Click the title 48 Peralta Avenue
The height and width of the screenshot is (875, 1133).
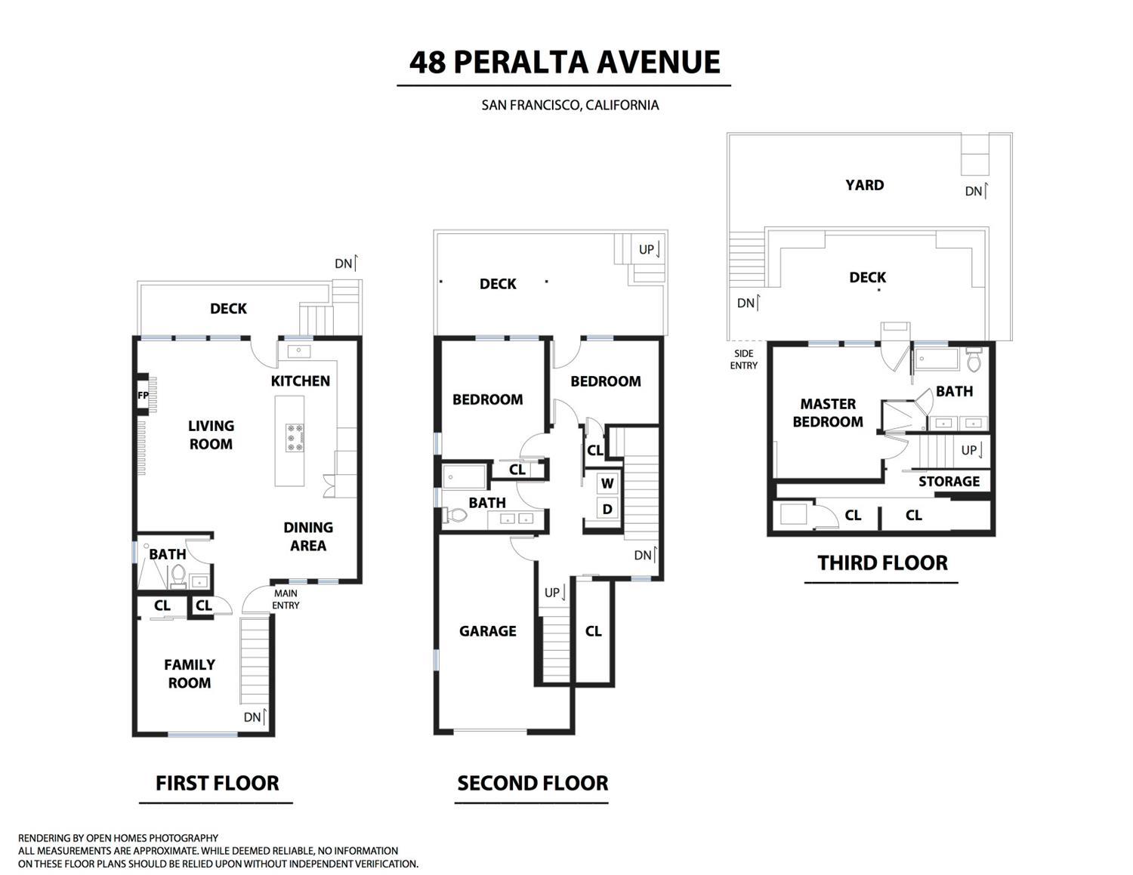[564, 62]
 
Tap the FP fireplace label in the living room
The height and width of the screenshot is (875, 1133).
[143, 395]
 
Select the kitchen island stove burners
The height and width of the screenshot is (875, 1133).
[295, 438]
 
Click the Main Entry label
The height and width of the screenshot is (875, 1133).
[286, 599]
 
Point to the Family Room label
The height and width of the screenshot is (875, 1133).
[190, 673]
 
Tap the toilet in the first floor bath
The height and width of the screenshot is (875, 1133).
[178, 576]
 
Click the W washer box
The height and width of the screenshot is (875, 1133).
[607, 483]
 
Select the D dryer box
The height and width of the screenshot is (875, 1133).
[607, 510]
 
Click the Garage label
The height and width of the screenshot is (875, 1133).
[488, 631]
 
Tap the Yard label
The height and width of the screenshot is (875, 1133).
[864, 185]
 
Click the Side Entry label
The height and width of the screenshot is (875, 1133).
[743, 359]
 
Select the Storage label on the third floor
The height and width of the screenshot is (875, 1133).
[949, 482]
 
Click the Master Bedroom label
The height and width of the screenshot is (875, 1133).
[828, 413]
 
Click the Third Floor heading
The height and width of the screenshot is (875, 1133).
[882, 563]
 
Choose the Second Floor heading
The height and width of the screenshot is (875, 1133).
[533, 784]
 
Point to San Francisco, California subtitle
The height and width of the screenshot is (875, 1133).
[570, 105]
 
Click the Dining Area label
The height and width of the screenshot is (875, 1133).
[308, 536]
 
